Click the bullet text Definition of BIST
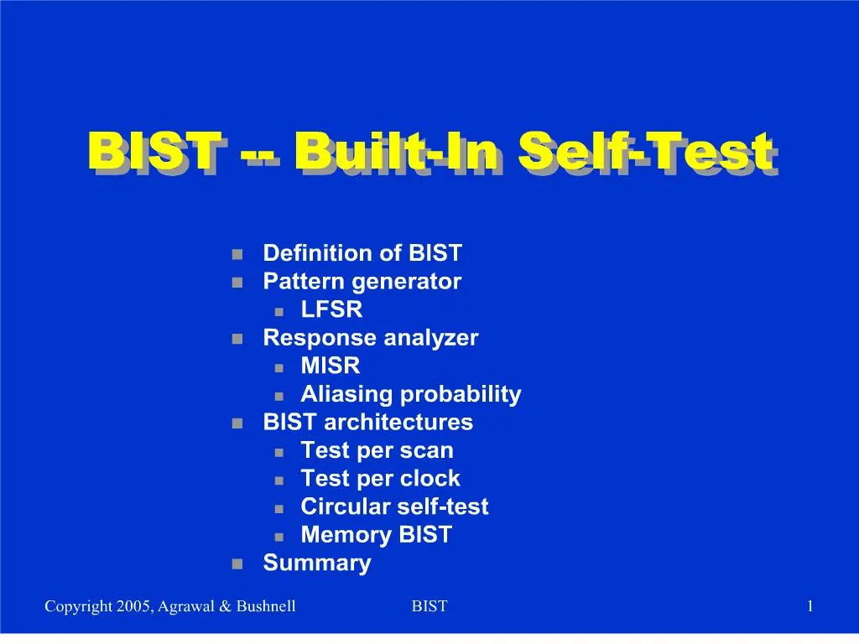(x=362, y=253)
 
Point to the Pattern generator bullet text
(x=362, y=282)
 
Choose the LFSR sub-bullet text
(x=331, y=309)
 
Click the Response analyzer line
(x=370, y=338)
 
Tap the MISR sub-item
(x=330, y=366)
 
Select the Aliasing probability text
(x=410, y=394)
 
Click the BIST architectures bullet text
(x=367, y=423)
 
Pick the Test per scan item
(x=377, y=450)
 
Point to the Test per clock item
(x=380, y=479)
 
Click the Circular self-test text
(x=394, y=506)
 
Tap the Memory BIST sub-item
(x=376, y=535)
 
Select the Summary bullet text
(x=316, y=563)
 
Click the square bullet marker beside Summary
(x=237, y=563)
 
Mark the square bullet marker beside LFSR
(x=280, y=311)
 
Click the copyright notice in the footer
(x=169, y=606)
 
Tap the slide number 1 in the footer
(x=810, y=606)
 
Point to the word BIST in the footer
(x=429, y=606)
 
